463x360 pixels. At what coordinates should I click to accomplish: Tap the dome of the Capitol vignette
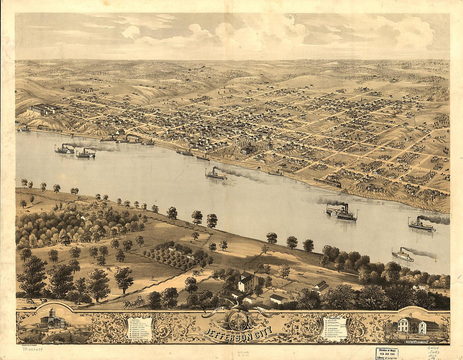(x=53, y=312)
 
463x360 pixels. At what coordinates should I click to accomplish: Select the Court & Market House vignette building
(x=417, y=326)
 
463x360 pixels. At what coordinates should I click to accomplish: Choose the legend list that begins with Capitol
(x=140, y=328)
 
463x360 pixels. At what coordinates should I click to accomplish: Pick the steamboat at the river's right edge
(x=421, y=225)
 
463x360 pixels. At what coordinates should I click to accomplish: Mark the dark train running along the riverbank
(x=327, y=183)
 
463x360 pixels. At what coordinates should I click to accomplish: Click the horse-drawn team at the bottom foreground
(x=134, y=302)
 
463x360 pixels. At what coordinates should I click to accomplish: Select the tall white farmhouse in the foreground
(x=247, y=281)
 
